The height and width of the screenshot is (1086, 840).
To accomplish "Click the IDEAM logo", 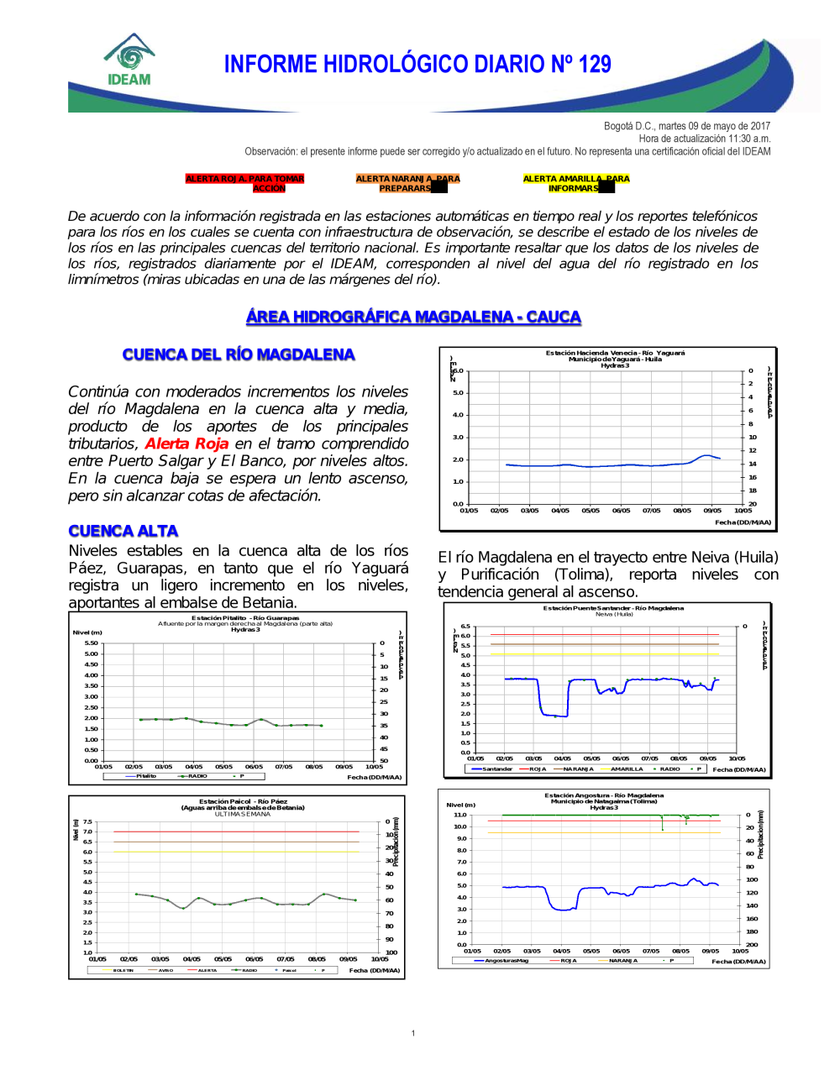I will (x=129, y=60).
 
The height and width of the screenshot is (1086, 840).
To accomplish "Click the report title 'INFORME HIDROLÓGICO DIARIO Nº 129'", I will (x=417, y=65).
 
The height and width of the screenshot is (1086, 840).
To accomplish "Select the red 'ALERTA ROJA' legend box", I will (x=244, y=183).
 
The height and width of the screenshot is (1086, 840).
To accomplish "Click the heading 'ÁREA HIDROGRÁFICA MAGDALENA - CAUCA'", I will (x=413, y=317).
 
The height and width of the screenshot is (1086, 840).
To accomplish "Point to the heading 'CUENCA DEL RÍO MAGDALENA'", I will (x=239, y=354).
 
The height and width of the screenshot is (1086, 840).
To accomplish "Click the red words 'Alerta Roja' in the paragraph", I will (x=186, y=443).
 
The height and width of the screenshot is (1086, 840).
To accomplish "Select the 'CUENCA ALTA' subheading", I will (x=123, y=531).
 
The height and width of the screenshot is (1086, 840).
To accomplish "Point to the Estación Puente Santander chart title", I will (x=613, y=608).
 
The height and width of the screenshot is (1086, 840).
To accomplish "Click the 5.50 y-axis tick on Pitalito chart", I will (x=91, y=643).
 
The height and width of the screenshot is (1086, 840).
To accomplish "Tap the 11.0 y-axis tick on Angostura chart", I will (x=460, y=815).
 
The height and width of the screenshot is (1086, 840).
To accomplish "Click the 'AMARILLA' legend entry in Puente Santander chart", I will (x=627, y=769).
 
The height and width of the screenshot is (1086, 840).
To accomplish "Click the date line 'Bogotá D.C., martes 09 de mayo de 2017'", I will (x=686, y=126).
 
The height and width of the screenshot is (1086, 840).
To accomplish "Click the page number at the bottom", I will (x=413, y=1033).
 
